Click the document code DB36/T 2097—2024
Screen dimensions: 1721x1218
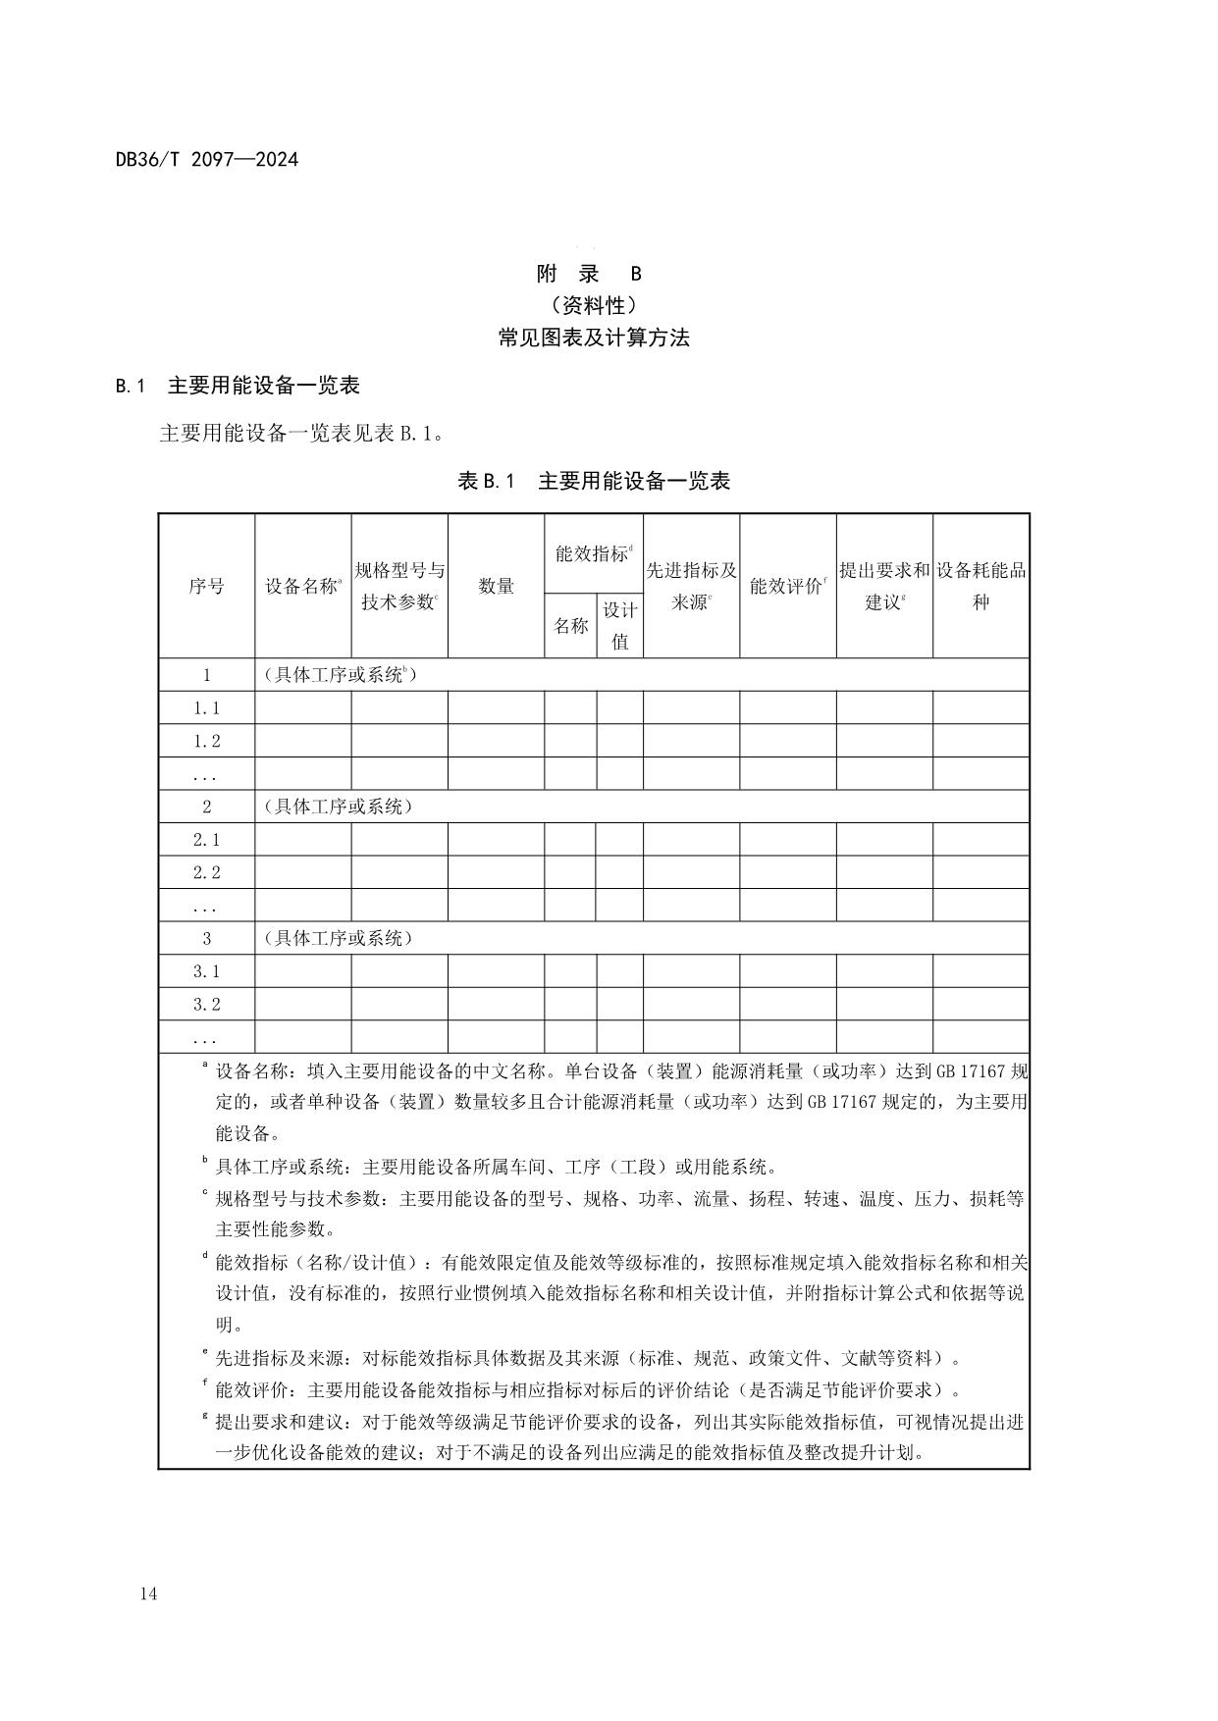coord(206,159)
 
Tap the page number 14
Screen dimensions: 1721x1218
coord(148,1593)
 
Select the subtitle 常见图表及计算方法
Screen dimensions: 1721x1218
coord(594,338)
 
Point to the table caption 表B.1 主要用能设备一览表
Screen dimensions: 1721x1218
coord(594,481)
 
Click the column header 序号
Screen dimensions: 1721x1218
coord(206,586)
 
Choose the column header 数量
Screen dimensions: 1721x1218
coord(496,586)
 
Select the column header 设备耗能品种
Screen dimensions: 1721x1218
coord(980,586)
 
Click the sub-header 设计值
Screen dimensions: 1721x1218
coord(619,625)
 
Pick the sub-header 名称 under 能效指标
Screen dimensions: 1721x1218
coord(570,625)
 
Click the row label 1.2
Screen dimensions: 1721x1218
coord(206,741)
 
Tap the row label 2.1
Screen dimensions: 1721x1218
coord(206,839)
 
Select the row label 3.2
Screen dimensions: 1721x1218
coord(206,1004)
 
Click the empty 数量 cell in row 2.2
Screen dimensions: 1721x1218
coord(496,872)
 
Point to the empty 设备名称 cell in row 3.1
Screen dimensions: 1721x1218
coord(302,971)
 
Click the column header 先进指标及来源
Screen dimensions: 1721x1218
coord(691,586)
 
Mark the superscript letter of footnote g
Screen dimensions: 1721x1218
coord(205,1416)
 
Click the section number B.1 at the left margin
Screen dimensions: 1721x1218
coord(131,386)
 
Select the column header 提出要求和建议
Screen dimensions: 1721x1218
coord(883,586)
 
